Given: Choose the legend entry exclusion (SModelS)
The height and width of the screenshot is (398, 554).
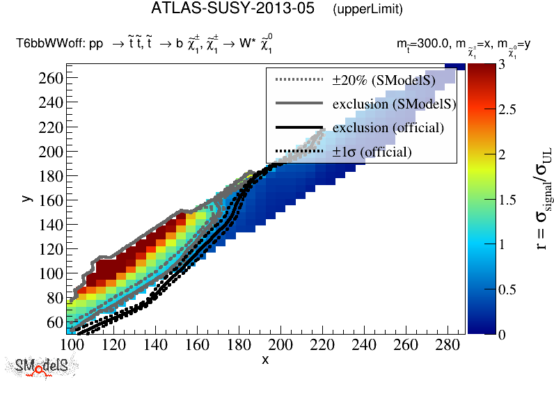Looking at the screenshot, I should (x=393, y=104).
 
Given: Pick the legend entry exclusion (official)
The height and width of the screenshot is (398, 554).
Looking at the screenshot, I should (x=388, y=128).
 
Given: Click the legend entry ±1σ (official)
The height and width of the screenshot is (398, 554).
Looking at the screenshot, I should (x=372, y=152).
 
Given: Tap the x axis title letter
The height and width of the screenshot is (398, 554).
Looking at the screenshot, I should (x=265, y=360).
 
